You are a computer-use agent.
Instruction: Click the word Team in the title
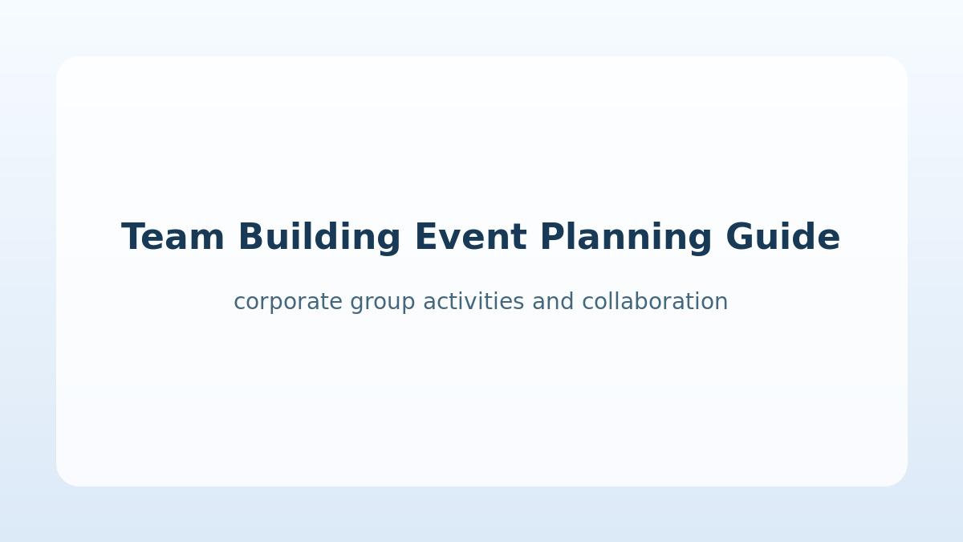(x=173, y=237)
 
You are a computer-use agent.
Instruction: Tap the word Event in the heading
(x=471, y=237)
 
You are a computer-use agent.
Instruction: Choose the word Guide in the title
(x=783, y=236)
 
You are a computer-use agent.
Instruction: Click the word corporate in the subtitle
(x=288, y=303)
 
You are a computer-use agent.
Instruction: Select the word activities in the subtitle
(x=473, y=300)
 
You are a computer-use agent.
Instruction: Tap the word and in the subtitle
(x=553, y=300)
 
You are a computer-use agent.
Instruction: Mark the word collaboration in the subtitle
(x=655, y=300)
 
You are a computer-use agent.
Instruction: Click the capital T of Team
(x=135, y=236)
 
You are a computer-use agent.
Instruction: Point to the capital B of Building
(x=251, y=236)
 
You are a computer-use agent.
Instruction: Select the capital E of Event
(x=427, y=236)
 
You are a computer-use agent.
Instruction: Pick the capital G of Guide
(x=739, y=236)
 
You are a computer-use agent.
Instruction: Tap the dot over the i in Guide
(x=786, y=224)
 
